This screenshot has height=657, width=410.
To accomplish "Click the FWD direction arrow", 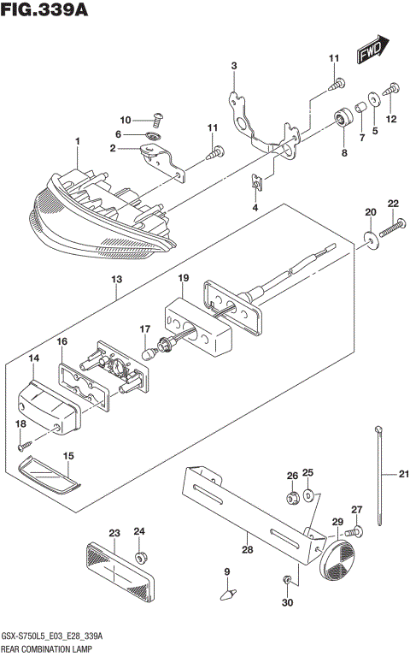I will [x=372, y=51].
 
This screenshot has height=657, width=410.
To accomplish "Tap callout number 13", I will [x=116, y=280].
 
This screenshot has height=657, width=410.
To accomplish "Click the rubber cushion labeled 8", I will [x=344, y=116].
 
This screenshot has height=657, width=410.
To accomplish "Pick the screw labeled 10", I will [x=156, y=119].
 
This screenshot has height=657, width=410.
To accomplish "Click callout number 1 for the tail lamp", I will [x=77, y=140].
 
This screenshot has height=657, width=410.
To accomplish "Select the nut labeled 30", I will [x=288, y=582].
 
